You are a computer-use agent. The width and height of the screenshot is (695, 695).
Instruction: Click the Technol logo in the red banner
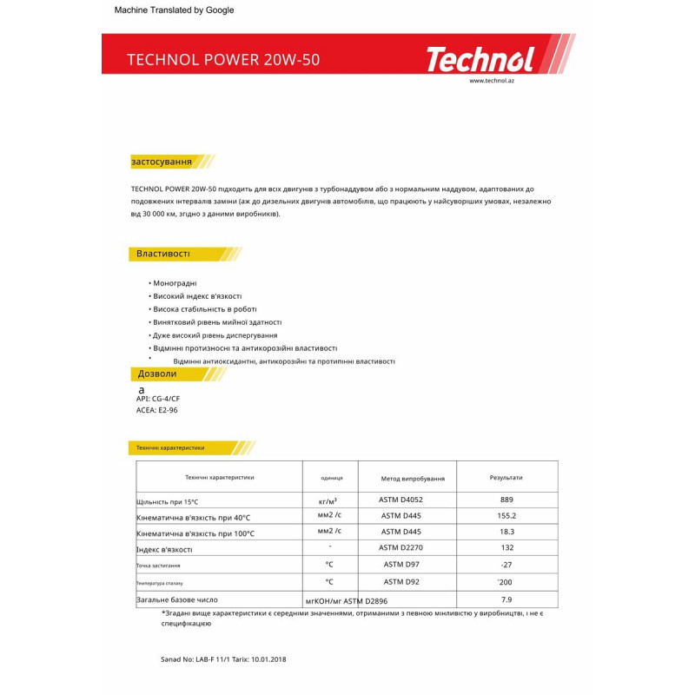pos(479,60)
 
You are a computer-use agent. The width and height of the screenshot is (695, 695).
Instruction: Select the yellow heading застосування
pos(162,162)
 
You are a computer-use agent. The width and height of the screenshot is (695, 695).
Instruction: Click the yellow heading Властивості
pos(163,254)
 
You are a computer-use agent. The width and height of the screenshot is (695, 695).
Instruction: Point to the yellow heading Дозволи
pos(157,374)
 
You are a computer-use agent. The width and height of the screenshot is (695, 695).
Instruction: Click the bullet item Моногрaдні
pos(175,283)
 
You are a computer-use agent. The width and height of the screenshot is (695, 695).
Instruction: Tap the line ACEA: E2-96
pos(151,410)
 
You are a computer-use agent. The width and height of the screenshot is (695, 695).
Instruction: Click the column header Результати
pos(506,478)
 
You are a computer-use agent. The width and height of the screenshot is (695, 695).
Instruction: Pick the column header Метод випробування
pos(413,479)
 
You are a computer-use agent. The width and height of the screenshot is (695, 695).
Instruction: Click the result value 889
pos(507,500)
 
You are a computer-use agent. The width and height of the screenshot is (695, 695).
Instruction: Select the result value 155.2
pos(507,515)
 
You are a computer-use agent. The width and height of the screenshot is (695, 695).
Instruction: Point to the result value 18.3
pos(507,532)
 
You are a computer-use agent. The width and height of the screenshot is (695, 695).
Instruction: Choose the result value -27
pos(507,564)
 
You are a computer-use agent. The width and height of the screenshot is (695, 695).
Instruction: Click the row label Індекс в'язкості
pos(164,549)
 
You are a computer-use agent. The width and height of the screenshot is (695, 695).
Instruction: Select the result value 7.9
pos(507,599)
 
